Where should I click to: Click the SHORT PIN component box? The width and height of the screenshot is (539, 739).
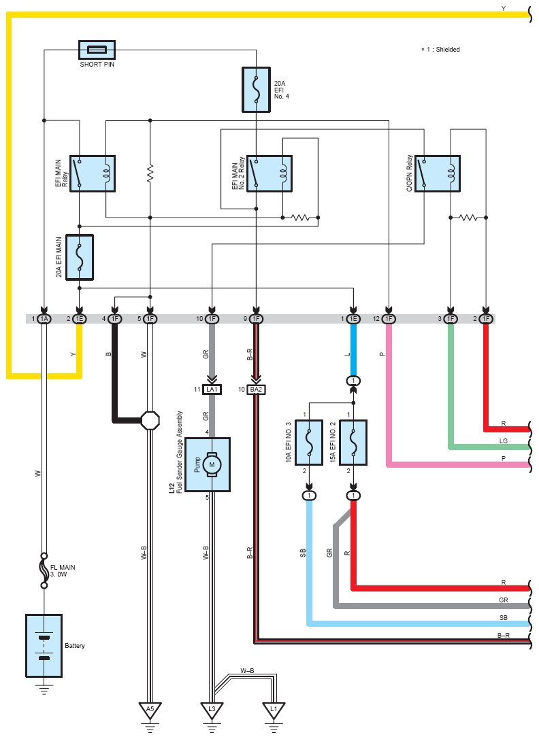[97, 50]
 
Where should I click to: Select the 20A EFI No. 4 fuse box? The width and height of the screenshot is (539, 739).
[257, 90]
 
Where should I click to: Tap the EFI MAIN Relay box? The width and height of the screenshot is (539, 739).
[93, 173]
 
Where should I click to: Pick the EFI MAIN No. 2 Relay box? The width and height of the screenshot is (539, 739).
[269, 173]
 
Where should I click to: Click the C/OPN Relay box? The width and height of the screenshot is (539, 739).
[438, 173]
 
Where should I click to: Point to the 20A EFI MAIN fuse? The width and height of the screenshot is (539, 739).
[80, 258]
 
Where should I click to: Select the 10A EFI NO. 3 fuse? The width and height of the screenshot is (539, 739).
[309, 443]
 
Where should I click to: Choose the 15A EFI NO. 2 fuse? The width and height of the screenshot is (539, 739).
[353, 443]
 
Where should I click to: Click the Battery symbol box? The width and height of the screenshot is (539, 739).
[44, 646]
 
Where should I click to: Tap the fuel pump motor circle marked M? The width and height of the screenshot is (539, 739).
[212, 465]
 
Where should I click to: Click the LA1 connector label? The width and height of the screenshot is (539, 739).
[212, 390]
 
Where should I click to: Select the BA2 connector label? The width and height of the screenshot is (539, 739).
[257, 390]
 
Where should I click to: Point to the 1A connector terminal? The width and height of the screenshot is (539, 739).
[44, 319]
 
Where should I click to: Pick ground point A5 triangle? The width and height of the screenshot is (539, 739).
[150, 709]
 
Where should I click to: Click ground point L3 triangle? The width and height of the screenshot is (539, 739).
[212, 709]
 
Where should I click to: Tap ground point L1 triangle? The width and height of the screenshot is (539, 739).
[274, 709]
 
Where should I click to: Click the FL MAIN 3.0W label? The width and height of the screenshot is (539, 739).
[63, 571]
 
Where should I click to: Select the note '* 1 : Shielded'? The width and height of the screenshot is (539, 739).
[440, 49]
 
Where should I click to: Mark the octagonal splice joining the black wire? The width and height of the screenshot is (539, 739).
[150, 420]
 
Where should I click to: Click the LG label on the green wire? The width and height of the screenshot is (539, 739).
[504, 441]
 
